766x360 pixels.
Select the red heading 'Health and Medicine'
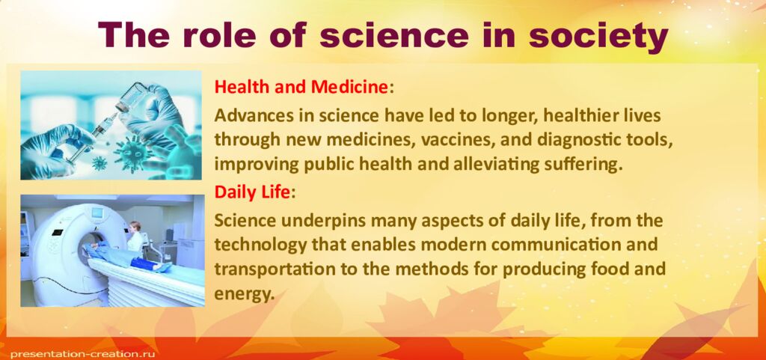point(301,87)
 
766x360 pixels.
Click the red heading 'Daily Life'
point(252,192)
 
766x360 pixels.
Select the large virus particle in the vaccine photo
point(132,150)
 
